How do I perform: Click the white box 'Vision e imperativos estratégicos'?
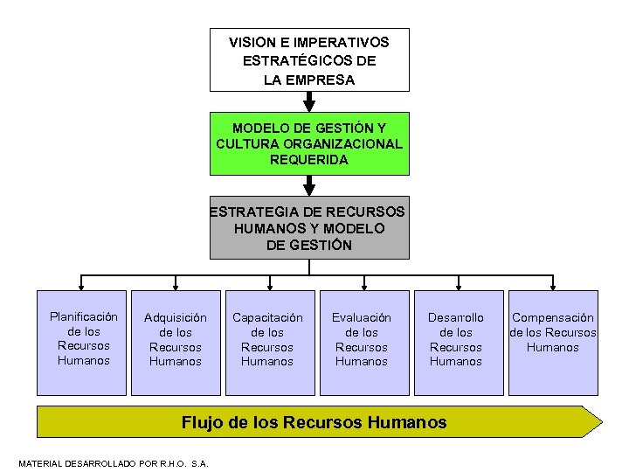tap(309, 59)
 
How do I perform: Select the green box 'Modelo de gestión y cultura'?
tap(309, 143)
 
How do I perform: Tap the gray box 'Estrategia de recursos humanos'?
tap(309, 227)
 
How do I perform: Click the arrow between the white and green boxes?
tap(309, 101)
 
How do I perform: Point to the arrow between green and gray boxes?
tap(309, 185)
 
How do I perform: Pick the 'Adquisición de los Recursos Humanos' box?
tap(176, 342)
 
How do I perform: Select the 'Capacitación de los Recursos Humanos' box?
tap(267, 342)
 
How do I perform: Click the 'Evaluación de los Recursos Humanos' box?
tap(362, 342)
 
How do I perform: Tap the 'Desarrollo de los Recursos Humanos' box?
tap(455, 342)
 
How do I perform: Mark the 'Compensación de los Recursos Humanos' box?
tap(553, 342)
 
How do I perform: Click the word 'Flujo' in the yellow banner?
tap(201, 422)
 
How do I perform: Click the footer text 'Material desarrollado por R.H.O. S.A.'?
tap(114, 463)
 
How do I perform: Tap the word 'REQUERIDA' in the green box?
tap(309, 160)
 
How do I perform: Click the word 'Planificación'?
tap(84, 316)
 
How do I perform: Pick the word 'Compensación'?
tap(553, 318)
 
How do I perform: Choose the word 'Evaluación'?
tap(362, 318)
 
